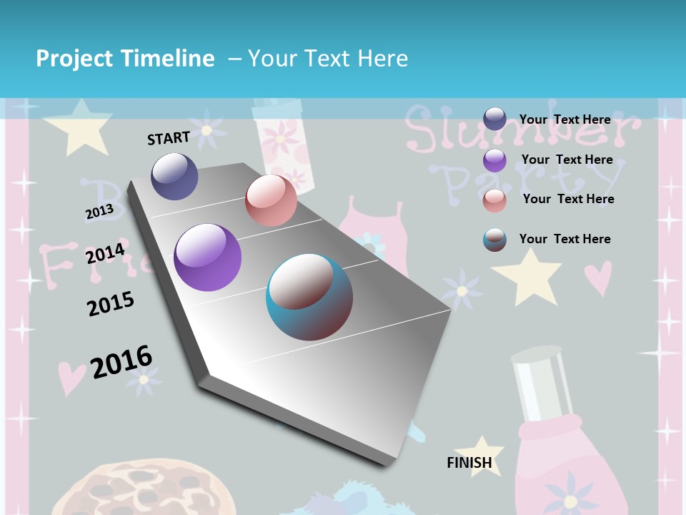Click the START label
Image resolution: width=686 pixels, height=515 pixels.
pyautogui.click(x=169, y=138)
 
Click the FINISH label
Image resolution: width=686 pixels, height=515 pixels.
pyautogui.click(x=469, y=463)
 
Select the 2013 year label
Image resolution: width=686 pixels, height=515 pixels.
pyautogui.click(x=99, y=212)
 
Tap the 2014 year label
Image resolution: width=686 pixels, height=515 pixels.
pyautogui.click(x=105, y=253)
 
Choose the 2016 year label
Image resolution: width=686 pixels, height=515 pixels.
pyautogui.click(x=121, y=361)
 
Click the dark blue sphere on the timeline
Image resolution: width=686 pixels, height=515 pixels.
pyautogui.click(x=174, y=176)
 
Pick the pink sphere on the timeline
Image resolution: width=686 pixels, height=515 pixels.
pyautogui.click(x=271, y=200)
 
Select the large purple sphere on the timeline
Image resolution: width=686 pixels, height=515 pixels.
pyautogui.click(x=207, y=257)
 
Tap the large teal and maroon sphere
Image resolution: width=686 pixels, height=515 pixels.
pyautogui.click(x=309, y=297)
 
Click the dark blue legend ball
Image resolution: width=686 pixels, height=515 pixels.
pyautogui.click(x=494, y=119)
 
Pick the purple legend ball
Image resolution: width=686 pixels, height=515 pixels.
pyautogui.click(x=494, y=160)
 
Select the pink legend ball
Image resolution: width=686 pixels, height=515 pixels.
pyautogui.click(x=494, y=200)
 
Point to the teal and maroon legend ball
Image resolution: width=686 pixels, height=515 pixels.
pyautogui.click(x=494, y=240)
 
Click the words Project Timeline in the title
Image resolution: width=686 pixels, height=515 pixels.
pyautogui.click(x=125, y=59)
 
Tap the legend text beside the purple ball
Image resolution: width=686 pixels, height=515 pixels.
pyautogui.click(x=567, y=160)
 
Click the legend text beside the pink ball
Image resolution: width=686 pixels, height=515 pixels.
pyautogui.click(x=568, y=199)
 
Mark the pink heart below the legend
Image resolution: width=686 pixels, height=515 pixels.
pyautogui.click(x=597, y=278)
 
